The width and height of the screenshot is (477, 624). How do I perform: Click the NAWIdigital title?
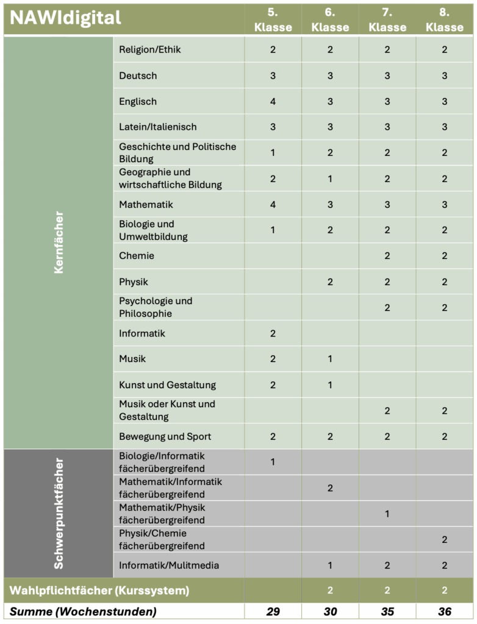66,18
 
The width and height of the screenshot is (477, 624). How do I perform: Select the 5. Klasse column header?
273,19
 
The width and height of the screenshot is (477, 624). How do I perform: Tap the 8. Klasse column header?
445,19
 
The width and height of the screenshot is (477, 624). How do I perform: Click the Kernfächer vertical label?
59,243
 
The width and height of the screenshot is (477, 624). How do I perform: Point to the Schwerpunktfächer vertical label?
59,513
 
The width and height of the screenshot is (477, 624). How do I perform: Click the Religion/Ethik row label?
150,49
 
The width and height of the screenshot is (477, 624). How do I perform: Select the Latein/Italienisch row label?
158,127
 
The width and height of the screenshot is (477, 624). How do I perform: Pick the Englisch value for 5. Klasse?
273,101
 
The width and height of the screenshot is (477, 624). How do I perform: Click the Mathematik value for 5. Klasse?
273,204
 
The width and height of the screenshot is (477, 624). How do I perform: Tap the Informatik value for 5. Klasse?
273,333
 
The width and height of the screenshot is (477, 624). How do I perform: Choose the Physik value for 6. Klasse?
330,282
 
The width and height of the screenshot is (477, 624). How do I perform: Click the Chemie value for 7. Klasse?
387,256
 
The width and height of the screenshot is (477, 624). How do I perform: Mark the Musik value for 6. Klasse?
330,359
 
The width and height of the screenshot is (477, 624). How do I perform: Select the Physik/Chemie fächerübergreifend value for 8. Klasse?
445,539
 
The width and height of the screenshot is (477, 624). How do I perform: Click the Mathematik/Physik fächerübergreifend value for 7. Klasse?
387,514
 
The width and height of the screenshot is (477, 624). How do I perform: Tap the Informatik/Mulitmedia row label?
169,565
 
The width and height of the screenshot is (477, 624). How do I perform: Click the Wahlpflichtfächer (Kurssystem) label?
99,590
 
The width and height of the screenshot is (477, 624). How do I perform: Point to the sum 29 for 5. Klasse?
273,612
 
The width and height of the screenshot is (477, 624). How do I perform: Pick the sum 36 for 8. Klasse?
445,612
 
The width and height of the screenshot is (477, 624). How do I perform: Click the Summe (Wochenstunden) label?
83,612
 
